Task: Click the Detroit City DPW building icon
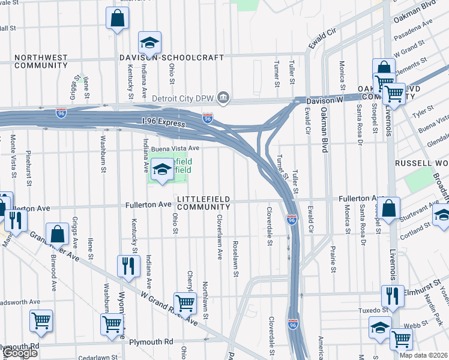click(223, 97)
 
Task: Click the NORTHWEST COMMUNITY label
click(41, 61)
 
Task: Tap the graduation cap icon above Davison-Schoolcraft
click(149, 43)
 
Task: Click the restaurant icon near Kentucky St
click(128, 266)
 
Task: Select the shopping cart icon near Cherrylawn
click(185, 303)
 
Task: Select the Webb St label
click(423, 325)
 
